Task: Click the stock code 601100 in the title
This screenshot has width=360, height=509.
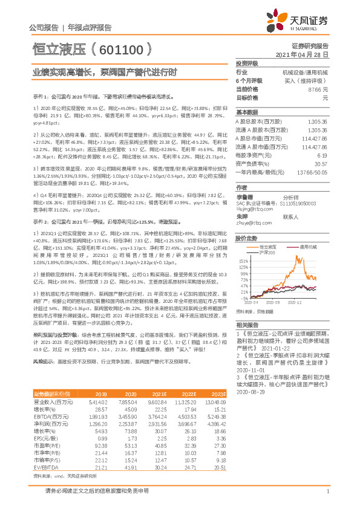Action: point(127,47)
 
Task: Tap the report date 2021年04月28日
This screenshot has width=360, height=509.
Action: point(306,54)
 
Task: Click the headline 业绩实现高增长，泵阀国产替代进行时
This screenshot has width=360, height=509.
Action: point(104,73)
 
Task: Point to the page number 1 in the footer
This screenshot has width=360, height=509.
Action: point(327,491)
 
